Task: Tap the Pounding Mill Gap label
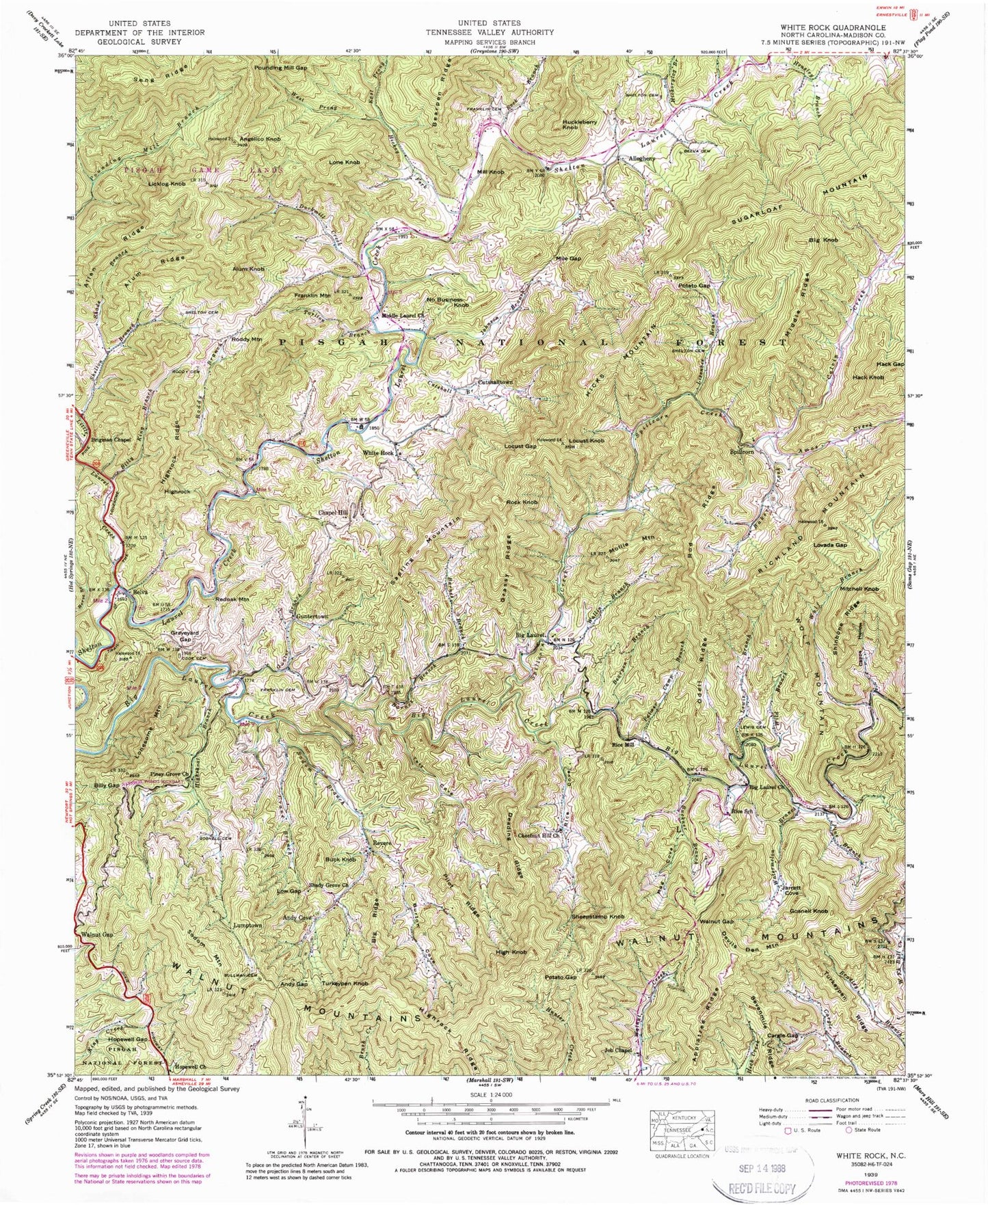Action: click(x=281, y=68)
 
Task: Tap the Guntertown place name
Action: click(x=312, y=616)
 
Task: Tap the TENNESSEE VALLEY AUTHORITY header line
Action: click(x=490, y=32)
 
